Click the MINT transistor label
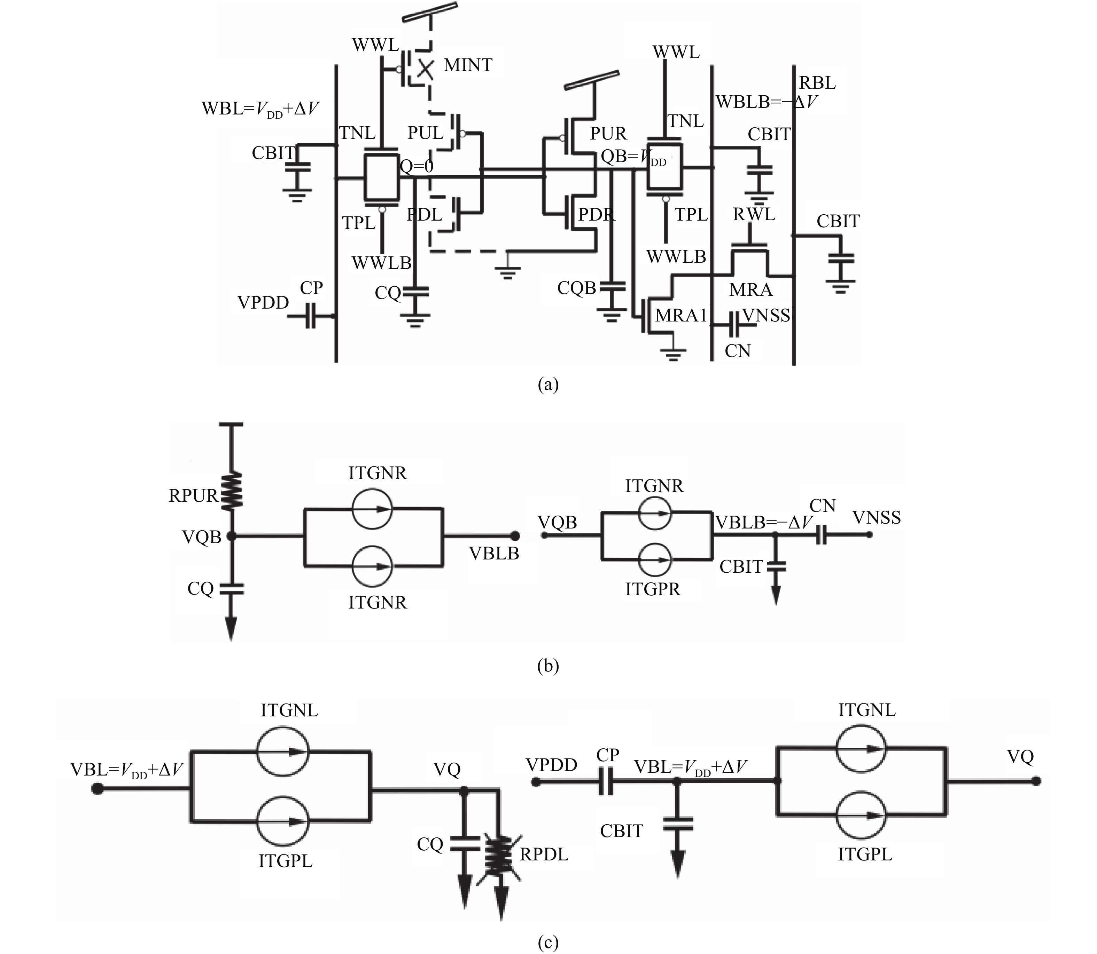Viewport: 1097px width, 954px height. coord(468,65)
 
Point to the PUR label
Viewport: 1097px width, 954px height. coord(608,133)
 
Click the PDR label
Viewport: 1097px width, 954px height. coord(596,215)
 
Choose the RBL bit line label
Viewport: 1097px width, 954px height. coord(817,83)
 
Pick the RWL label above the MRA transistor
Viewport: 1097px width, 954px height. coord(753,215)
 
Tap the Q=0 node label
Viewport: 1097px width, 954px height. coord(417,167)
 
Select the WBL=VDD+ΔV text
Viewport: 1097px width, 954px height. coord(260,109)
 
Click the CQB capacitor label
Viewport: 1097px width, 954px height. coord(576,288)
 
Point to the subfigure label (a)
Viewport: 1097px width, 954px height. coord(548,384)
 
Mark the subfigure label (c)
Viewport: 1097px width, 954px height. coord(548,943)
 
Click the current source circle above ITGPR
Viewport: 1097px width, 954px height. coord(656,560)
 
